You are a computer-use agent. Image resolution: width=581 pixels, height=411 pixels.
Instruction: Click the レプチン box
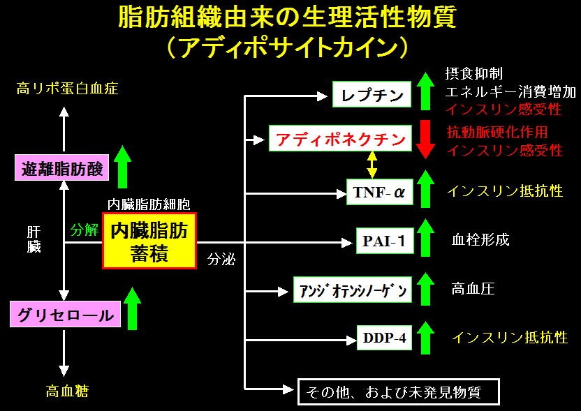pyautogui.click(x=372, y=94)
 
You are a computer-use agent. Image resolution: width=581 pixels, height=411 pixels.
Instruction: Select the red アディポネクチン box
pyautogui.click(x=340, y=138)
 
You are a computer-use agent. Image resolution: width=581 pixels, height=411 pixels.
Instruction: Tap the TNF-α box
pyautogui.click(x=379, y=192)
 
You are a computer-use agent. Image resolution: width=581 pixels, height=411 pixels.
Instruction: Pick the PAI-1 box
pyautogui.click(x=385, y=241)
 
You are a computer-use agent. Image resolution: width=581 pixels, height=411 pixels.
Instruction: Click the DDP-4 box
pyautogui.click(x=384, y=337)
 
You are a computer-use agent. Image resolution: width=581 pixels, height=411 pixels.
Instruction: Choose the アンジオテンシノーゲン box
pyautogui.click(x=353, y=290)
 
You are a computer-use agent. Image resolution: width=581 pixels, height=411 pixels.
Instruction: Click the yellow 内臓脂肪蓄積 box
pyautogui.click(x=149, y=241)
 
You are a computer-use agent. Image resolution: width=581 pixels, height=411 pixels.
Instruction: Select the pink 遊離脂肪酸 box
pyautogui.click(x=62, y=167)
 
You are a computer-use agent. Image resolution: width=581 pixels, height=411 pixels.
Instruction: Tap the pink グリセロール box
pyautogui.click(x=65, y=314)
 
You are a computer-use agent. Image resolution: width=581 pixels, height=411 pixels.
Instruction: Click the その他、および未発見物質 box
pyautogui.click(x=399, y=391)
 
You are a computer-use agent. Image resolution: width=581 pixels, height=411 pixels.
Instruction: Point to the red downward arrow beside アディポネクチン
pyautogui.click(x=425, y=139)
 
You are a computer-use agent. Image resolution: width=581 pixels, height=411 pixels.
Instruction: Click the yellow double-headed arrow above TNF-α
pyautogui.click(x=372, y=165)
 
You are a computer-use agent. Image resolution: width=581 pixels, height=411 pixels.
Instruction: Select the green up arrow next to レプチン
pyautogui.click(x=425, y=91)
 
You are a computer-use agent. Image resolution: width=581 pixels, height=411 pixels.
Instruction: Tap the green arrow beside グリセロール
pyautogui.click(x=132, y=308)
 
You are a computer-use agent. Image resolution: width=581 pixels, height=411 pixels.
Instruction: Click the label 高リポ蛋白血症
pyautogui.click(x=67, y=89)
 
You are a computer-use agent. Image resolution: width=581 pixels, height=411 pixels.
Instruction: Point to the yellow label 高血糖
pyautogui.click(x=67, y=391)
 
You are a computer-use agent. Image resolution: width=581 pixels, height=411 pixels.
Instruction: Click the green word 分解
pyautogui.click(x=84, y=230)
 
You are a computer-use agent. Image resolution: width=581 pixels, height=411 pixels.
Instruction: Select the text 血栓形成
pyautogui.click(x=480, y=239)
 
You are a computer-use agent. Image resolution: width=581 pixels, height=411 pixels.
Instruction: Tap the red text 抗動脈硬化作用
pyautogui.click(x=497, y=132)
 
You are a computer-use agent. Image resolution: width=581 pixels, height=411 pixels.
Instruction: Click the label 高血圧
pyautogui.click(x=473, y=288)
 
